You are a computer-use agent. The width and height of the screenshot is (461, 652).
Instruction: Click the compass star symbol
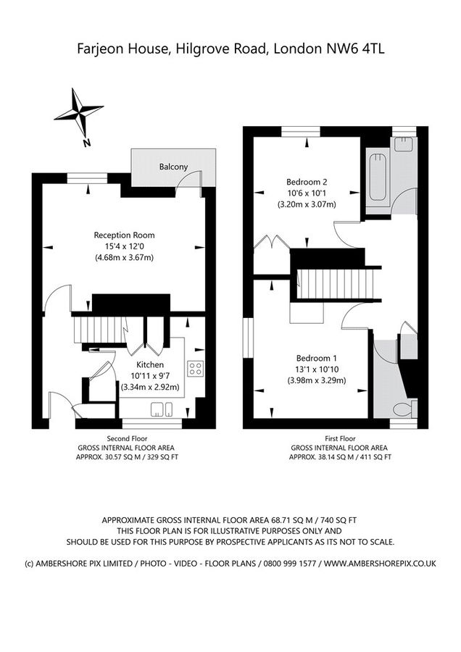pos(78,112)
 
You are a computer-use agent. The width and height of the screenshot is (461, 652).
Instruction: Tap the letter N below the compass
pos(86,143)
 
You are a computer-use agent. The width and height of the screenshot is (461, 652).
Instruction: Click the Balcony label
pos(173,167)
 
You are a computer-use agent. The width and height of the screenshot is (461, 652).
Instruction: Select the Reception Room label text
pos(124,235)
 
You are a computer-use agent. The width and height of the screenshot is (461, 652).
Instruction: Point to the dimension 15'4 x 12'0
pos(124,246)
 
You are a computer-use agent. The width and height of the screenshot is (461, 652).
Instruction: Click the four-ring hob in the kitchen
pos(195,368)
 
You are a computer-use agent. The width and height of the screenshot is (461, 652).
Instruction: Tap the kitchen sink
pos(162,410)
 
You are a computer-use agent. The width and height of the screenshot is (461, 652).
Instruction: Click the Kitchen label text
pos(150,364)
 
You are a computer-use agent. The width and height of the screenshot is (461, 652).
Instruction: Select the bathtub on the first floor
pos(377,177)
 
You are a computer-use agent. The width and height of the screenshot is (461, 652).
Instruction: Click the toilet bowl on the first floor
pos(402,410)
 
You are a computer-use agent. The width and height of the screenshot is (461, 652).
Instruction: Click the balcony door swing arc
pos(191,178)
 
